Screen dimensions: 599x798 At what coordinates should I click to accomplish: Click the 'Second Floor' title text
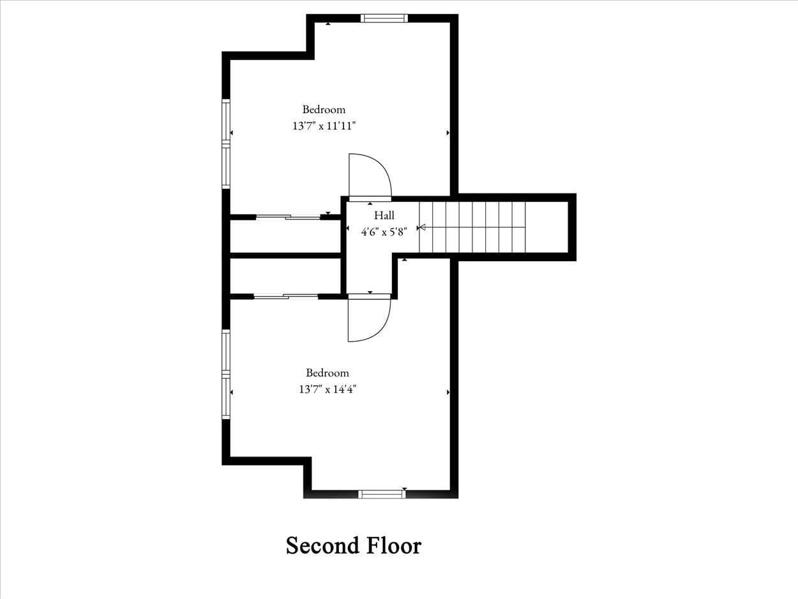pyautogui.click(x=353, y=546)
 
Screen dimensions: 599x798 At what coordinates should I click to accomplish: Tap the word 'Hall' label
pyautogui.click(x=384, y=216)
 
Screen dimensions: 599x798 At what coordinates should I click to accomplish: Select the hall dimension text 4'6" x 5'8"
pyautogui.click(x=384, y=232)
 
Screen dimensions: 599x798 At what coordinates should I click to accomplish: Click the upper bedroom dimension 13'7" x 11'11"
pyautogui.click(x=324, y=126)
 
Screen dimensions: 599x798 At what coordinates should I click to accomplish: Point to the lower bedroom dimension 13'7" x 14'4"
pyautogui.click(x=327, y=389)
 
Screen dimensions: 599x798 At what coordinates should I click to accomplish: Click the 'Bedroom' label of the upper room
pyautogui.click(x=324, y=109)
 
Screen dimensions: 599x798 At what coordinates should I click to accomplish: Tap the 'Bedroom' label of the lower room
pyautogui.click(x=327, y=373)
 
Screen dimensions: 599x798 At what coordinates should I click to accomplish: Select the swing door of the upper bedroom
pyautogui.click(x=369, y=177)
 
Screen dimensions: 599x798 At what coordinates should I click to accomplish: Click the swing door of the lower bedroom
pyautogui.click(x=368, y=319)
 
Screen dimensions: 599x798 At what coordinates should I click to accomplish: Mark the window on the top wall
pyautogui.click(x=384, y=18)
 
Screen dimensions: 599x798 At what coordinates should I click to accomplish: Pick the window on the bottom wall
pyautogui.click(x=381, y=494)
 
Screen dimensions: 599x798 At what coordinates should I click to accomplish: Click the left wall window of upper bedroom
pyautogui.click(x=226, y=144)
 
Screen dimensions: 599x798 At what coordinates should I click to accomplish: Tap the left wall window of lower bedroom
pyautogui.click(x=226, y=374)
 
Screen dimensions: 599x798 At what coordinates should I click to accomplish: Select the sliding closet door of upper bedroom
pyautogui.click(x=288, y=217)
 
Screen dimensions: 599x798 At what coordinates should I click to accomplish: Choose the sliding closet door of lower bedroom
pyautogui.click(x=285, y=296)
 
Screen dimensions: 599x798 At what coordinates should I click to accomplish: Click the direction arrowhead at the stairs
pyautogui.click(x=421, y=227)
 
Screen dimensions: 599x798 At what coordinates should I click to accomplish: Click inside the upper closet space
pyautogui.click(x=285, y=236)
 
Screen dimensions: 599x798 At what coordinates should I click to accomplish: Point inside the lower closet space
pyautogui.click(x=285, y=276)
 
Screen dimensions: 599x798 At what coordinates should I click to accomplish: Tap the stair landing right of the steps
pyautogui.click(x=546, y=227)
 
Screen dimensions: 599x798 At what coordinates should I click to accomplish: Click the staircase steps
pyautogui.click(x=472, y=227)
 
